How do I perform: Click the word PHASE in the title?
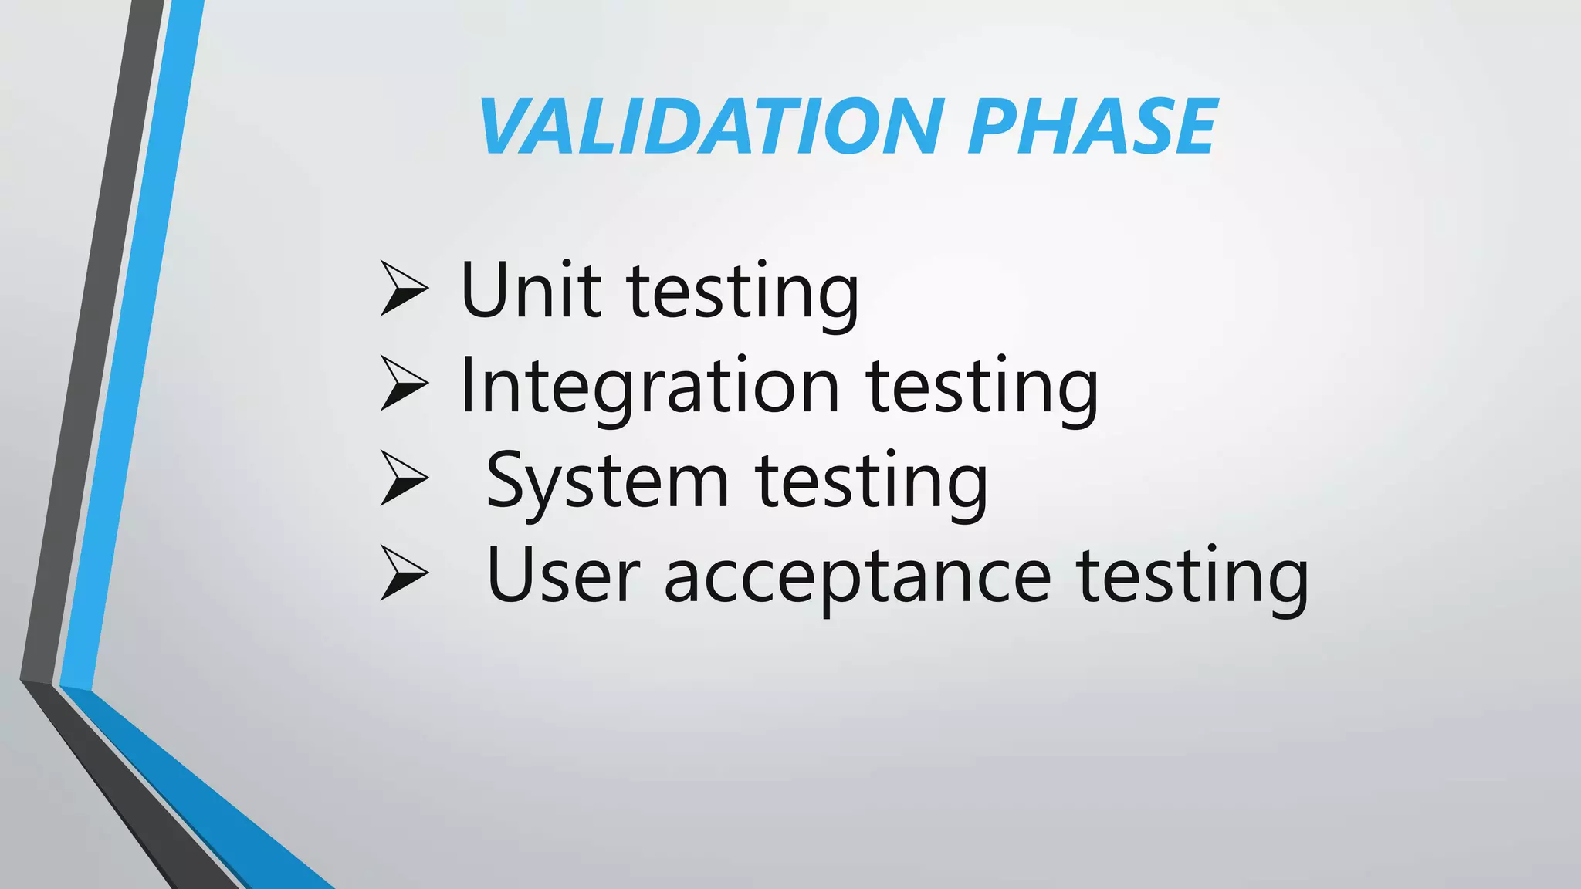tap(1092, 127)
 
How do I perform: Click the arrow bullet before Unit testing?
tap(404, 289)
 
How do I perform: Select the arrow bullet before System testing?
tap(404, 479)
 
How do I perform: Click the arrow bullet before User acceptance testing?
tap(404, 573)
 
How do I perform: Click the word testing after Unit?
tap(743, 293)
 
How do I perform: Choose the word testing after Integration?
tap(982, 388)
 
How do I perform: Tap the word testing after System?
tap(871, 483)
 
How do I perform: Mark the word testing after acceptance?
tap(1192, 578)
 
